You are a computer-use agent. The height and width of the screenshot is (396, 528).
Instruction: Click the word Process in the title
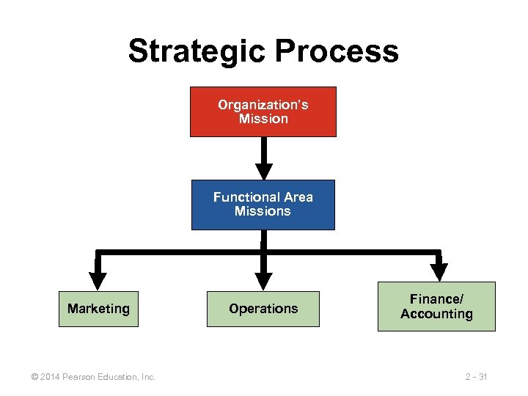click(x=338, y=51)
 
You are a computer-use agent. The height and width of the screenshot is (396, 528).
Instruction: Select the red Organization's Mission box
click(x=263, y=111)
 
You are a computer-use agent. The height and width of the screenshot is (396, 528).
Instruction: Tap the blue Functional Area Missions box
click(x=263, y=205)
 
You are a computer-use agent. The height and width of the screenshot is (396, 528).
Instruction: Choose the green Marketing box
click(x=98, y=309)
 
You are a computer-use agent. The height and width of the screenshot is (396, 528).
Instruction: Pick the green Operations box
click(x=263, y=309)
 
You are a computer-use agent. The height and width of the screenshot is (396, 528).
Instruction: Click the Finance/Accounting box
click(x=436, y=307)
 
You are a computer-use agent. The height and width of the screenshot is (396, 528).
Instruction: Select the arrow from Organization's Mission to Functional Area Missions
click(x=263, y=158)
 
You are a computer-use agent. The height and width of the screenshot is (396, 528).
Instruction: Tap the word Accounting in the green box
click(x=436, y=315)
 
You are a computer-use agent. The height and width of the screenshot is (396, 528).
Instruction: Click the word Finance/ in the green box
click(x=437, y=299)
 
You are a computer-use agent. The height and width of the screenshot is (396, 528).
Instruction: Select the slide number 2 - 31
click(x=476, y=377)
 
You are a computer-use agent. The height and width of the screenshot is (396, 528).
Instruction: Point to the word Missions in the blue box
click(x=263, y=211)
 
